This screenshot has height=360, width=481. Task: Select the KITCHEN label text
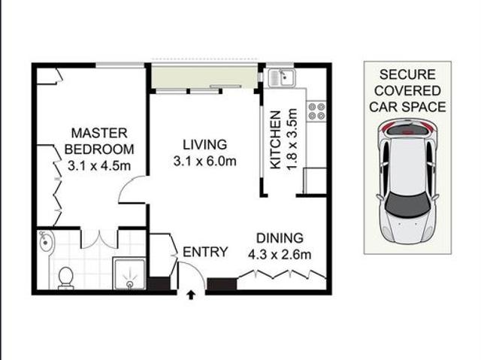coord(276,141)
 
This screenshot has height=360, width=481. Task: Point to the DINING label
coord(279,237)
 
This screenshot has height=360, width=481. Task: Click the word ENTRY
coord(205,253)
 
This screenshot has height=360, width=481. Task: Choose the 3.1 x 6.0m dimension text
coord(205,161)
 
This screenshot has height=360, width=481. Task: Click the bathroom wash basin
coord(47,242)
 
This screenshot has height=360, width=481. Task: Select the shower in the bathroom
coord(129,274)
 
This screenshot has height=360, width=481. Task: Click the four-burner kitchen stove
coord(316,111)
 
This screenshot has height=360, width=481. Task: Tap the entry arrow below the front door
coord(190,295)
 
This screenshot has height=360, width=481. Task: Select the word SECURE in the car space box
coord(407,74)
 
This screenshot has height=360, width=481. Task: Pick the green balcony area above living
coord(204,76)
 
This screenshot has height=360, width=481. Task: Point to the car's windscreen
coord(407,201)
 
